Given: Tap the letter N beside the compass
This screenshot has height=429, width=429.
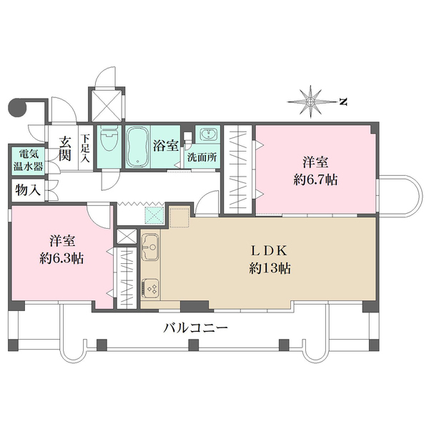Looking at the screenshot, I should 343,102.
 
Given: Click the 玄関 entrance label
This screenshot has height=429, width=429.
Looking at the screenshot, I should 65,148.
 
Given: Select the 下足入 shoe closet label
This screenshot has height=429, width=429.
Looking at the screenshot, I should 85,148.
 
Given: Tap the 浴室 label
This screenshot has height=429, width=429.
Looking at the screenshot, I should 166,145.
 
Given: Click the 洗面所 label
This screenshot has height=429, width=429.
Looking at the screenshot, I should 202,159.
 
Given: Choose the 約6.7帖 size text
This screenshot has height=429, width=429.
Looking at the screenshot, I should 312,179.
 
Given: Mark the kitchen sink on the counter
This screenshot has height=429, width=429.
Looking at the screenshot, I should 151,250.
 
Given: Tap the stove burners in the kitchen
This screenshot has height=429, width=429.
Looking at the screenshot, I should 151,288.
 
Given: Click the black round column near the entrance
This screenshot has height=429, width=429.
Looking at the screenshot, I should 16,107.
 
